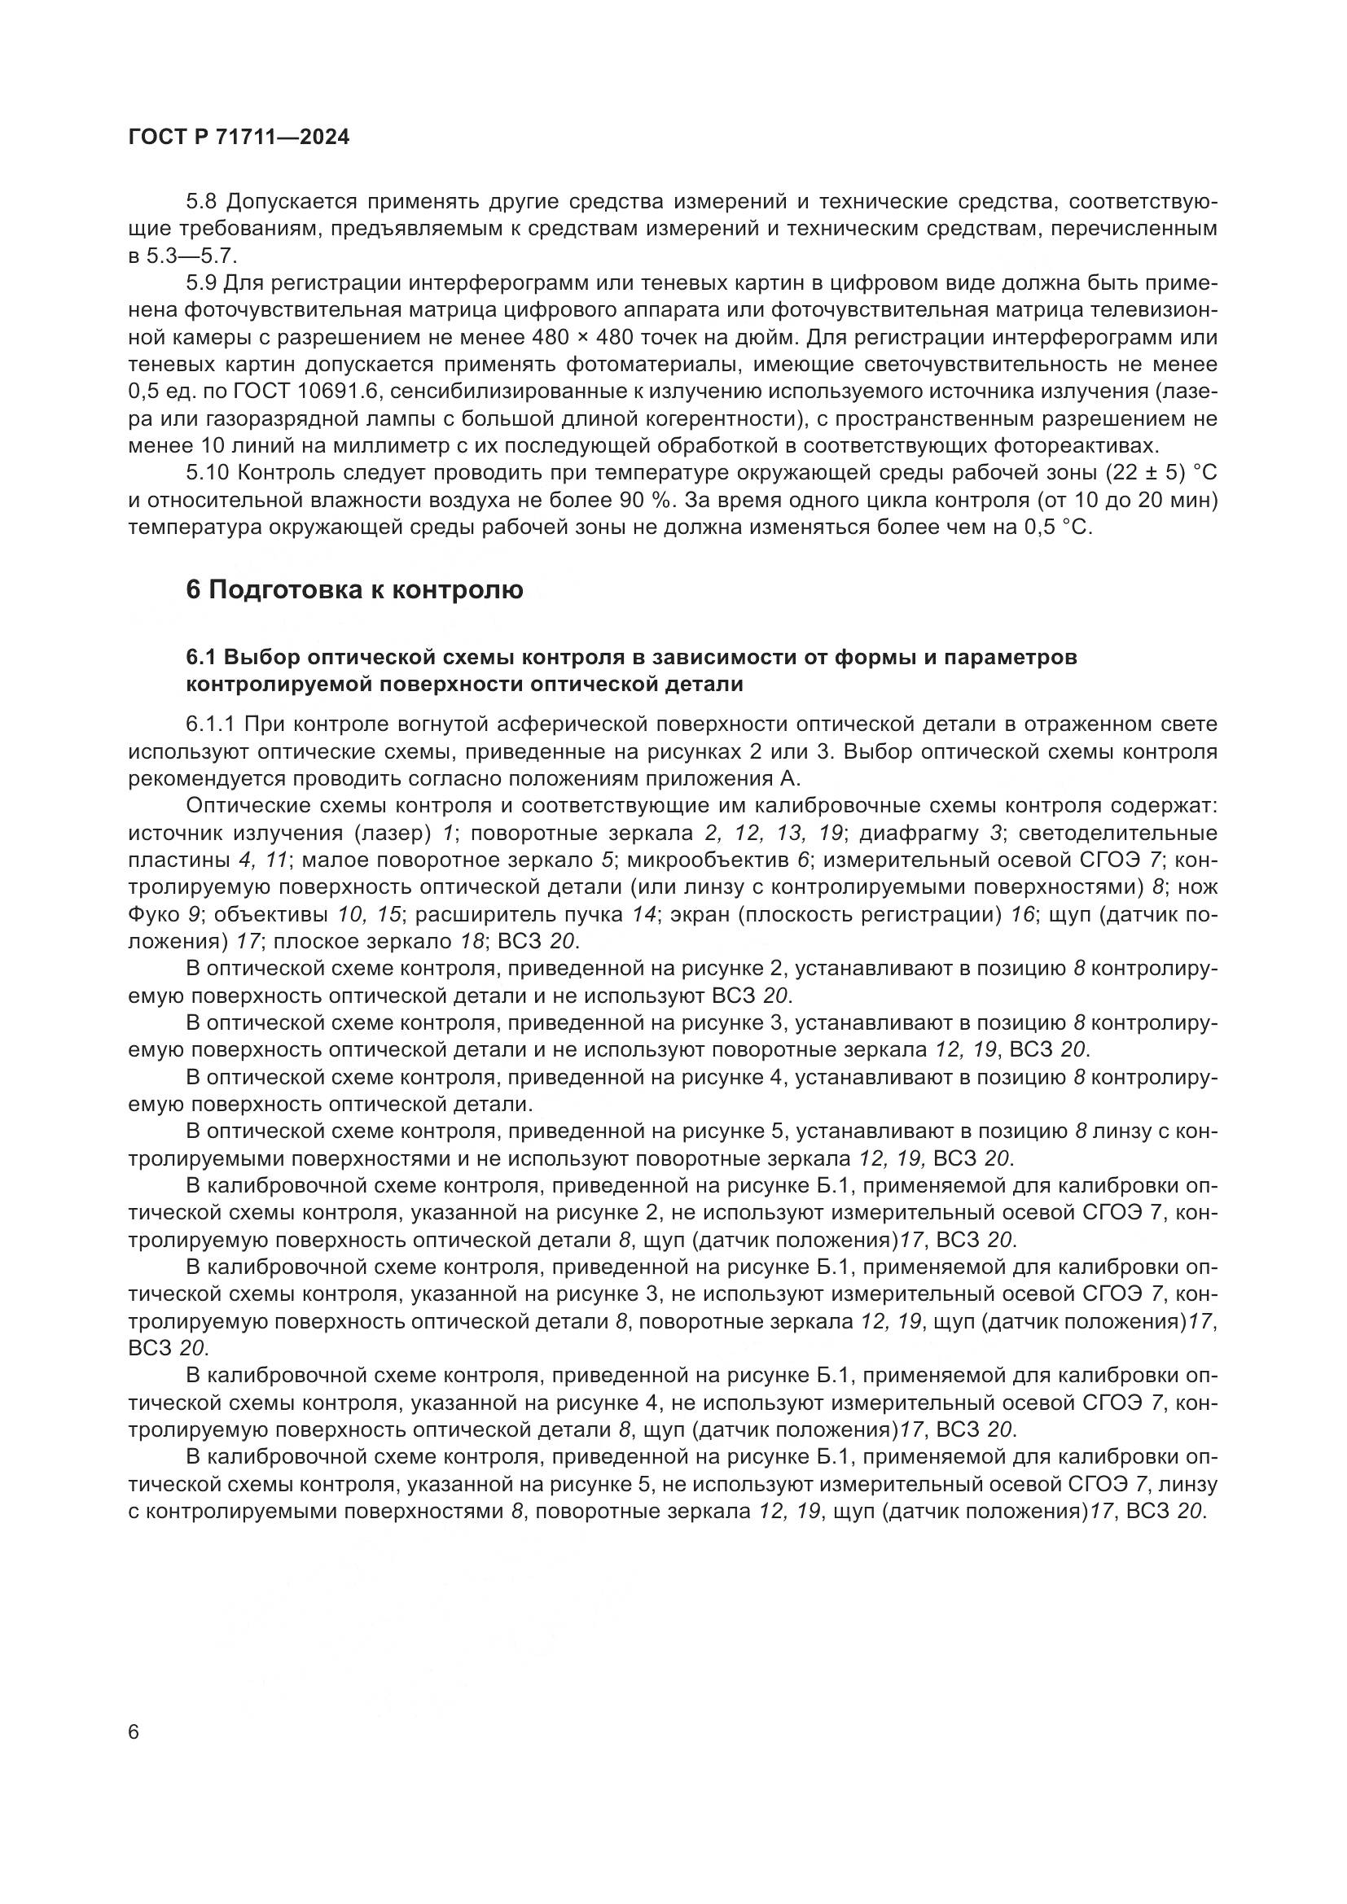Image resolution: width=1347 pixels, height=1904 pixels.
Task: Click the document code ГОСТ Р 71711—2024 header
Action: [239, 138]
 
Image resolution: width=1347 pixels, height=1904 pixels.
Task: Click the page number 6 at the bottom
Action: [134, 1732]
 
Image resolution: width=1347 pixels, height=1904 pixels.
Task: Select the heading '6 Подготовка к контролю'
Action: [354, 590]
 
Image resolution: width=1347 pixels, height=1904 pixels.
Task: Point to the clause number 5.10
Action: [208, 474]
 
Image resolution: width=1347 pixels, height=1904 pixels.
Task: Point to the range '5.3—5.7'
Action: [192, 256]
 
